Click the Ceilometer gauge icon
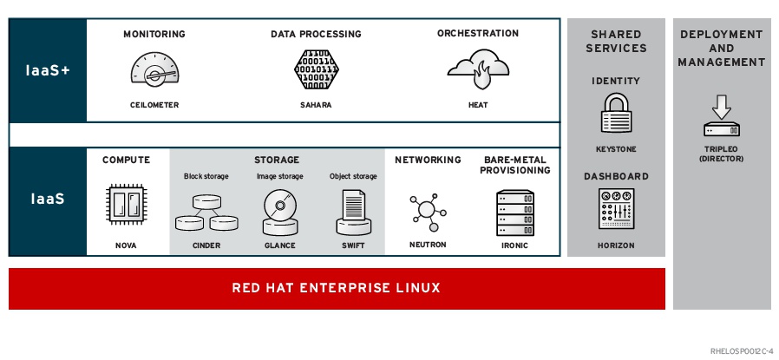pos(154,69)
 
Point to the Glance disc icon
pos(279,212)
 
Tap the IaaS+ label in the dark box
pos(48,70)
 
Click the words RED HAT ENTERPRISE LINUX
pos(336,288)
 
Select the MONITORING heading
pos(154,34)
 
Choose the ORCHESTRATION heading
pos(477,34)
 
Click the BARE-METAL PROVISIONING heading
pos(514,165)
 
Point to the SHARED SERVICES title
pos(616,41)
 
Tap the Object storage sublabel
pos(353,177)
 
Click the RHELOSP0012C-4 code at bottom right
pos(740,350)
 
